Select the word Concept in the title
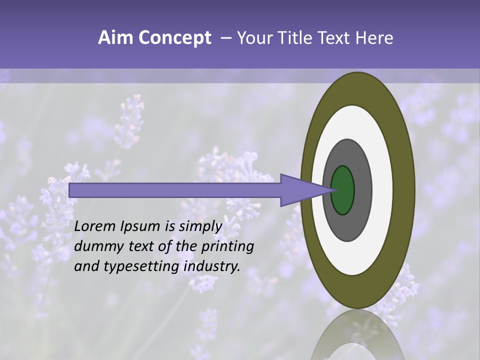(x=174, y=38)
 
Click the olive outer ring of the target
(x=403, y=190)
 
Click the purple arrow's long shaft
(x=175, y=190)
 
